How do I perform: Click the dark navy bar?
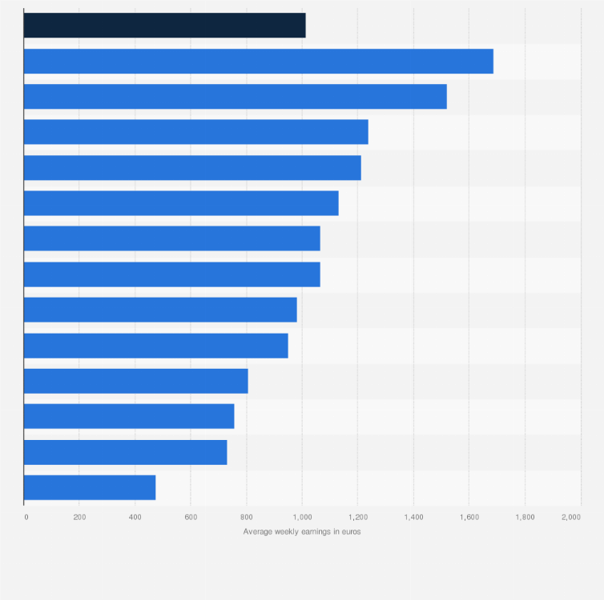click(164, 26)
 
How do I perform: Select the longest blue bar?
click(258, 61)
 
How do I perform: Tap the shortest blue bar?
click(90, 487)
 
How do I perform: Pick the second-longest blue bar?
click(235, 96)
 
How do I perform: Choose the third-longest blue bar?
click(195, 132)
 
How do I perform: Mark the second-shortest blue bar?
click(125, 452)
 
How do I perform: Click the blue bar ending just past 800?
click(135, 381)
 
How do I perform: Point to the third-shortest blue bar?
click(129, 416)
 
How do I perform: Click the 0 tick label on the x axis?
click(26, 518)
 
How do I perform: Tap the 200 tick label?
click(79, 518)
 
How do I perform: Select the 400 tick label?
click(135, 518)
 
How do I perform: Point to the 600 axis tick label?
click(191, 518)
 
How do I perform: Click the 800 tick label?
click(246, 518)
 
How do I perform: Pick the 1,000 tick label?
click(302, 518)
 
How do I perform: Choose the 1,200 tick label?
click(357, 518)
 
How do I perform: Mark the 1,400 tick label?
click(413, 518)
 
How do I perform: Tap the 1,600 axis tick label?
click(469, 518)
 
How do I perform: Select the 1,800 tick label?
click(525, 518)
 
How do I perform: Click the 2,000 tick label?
click(571, 518)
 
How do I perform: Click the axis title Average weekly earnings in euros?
click(302, 532)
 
